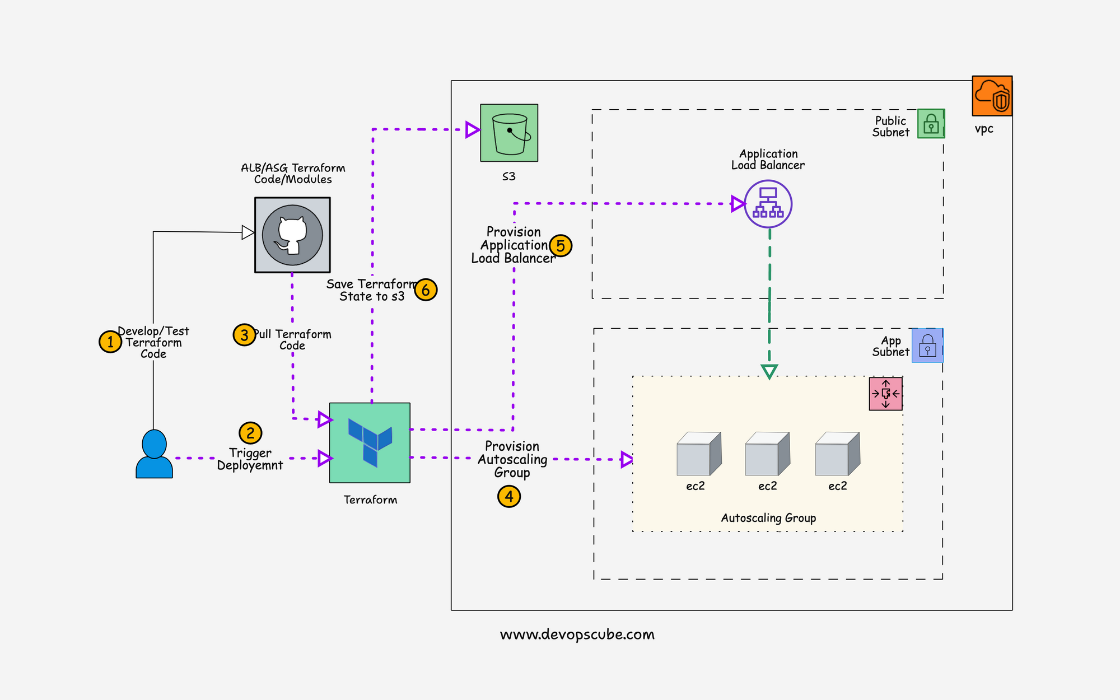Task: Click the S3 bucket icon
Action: tap(509, 133)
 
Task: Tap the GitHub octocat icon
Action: tap(292, 235)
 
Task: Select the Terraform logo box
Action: tap(370, 442)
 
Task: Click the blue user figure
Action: tap(154, 454)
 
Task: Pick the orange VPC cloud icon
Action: tap(992, 96)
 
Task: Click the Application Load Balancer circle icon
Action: tap(768, 204)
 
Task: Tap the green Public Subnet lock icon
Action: tap(931, 123)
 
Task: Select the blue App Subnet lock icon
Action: tap(927, 346)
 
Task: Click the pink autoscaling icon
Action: tap(885, 394)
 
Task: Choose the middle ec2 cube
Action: tap(767, 454)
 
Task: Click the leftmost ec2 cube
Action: tap(698, 454)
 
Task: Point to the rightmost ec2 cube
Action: tap(837, 454)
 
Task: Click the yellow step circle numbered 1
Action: tap(110, 342)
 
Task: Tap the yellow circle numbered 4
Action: tap(509, 496)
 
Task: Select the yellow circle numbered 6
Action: tap(426, 290)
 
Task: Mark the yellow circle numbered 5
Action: tap(561, 245)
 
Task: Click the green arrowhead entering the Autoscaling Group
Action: tap(769, 371)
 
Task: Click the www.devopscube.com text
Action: tap(577, 634)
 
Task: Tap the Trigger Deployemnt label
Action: tap(250, 459)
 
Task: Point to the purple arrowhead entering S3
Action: tap(472, 130)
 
